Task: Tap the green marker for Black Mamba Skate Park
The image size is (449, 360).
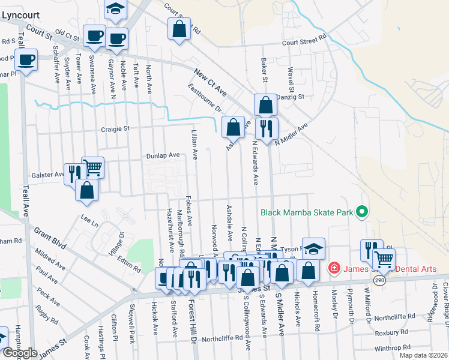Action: click(361, 212)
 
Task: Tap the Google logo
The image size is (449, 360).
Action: click(20, 353)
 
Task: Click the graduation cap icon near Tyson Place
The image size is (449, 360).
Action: click(313, 248)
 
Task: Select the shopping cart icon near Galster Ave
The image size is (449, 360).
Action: click(92, 167)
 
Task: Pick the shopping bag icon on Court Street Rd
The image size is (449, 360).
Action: click(179, 29)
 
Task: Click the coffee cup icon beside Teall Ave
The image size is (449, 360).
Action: click(26, 61)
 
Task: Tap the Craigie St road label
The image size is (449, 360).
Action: click(115, 128)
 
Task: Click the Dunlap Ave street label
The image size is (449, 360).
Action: click(163, 155)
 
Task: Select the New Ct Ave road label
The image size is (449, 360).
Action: click(210, 83)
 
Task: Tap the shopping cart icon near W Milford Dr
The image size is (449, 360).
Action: click(384, 259)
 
